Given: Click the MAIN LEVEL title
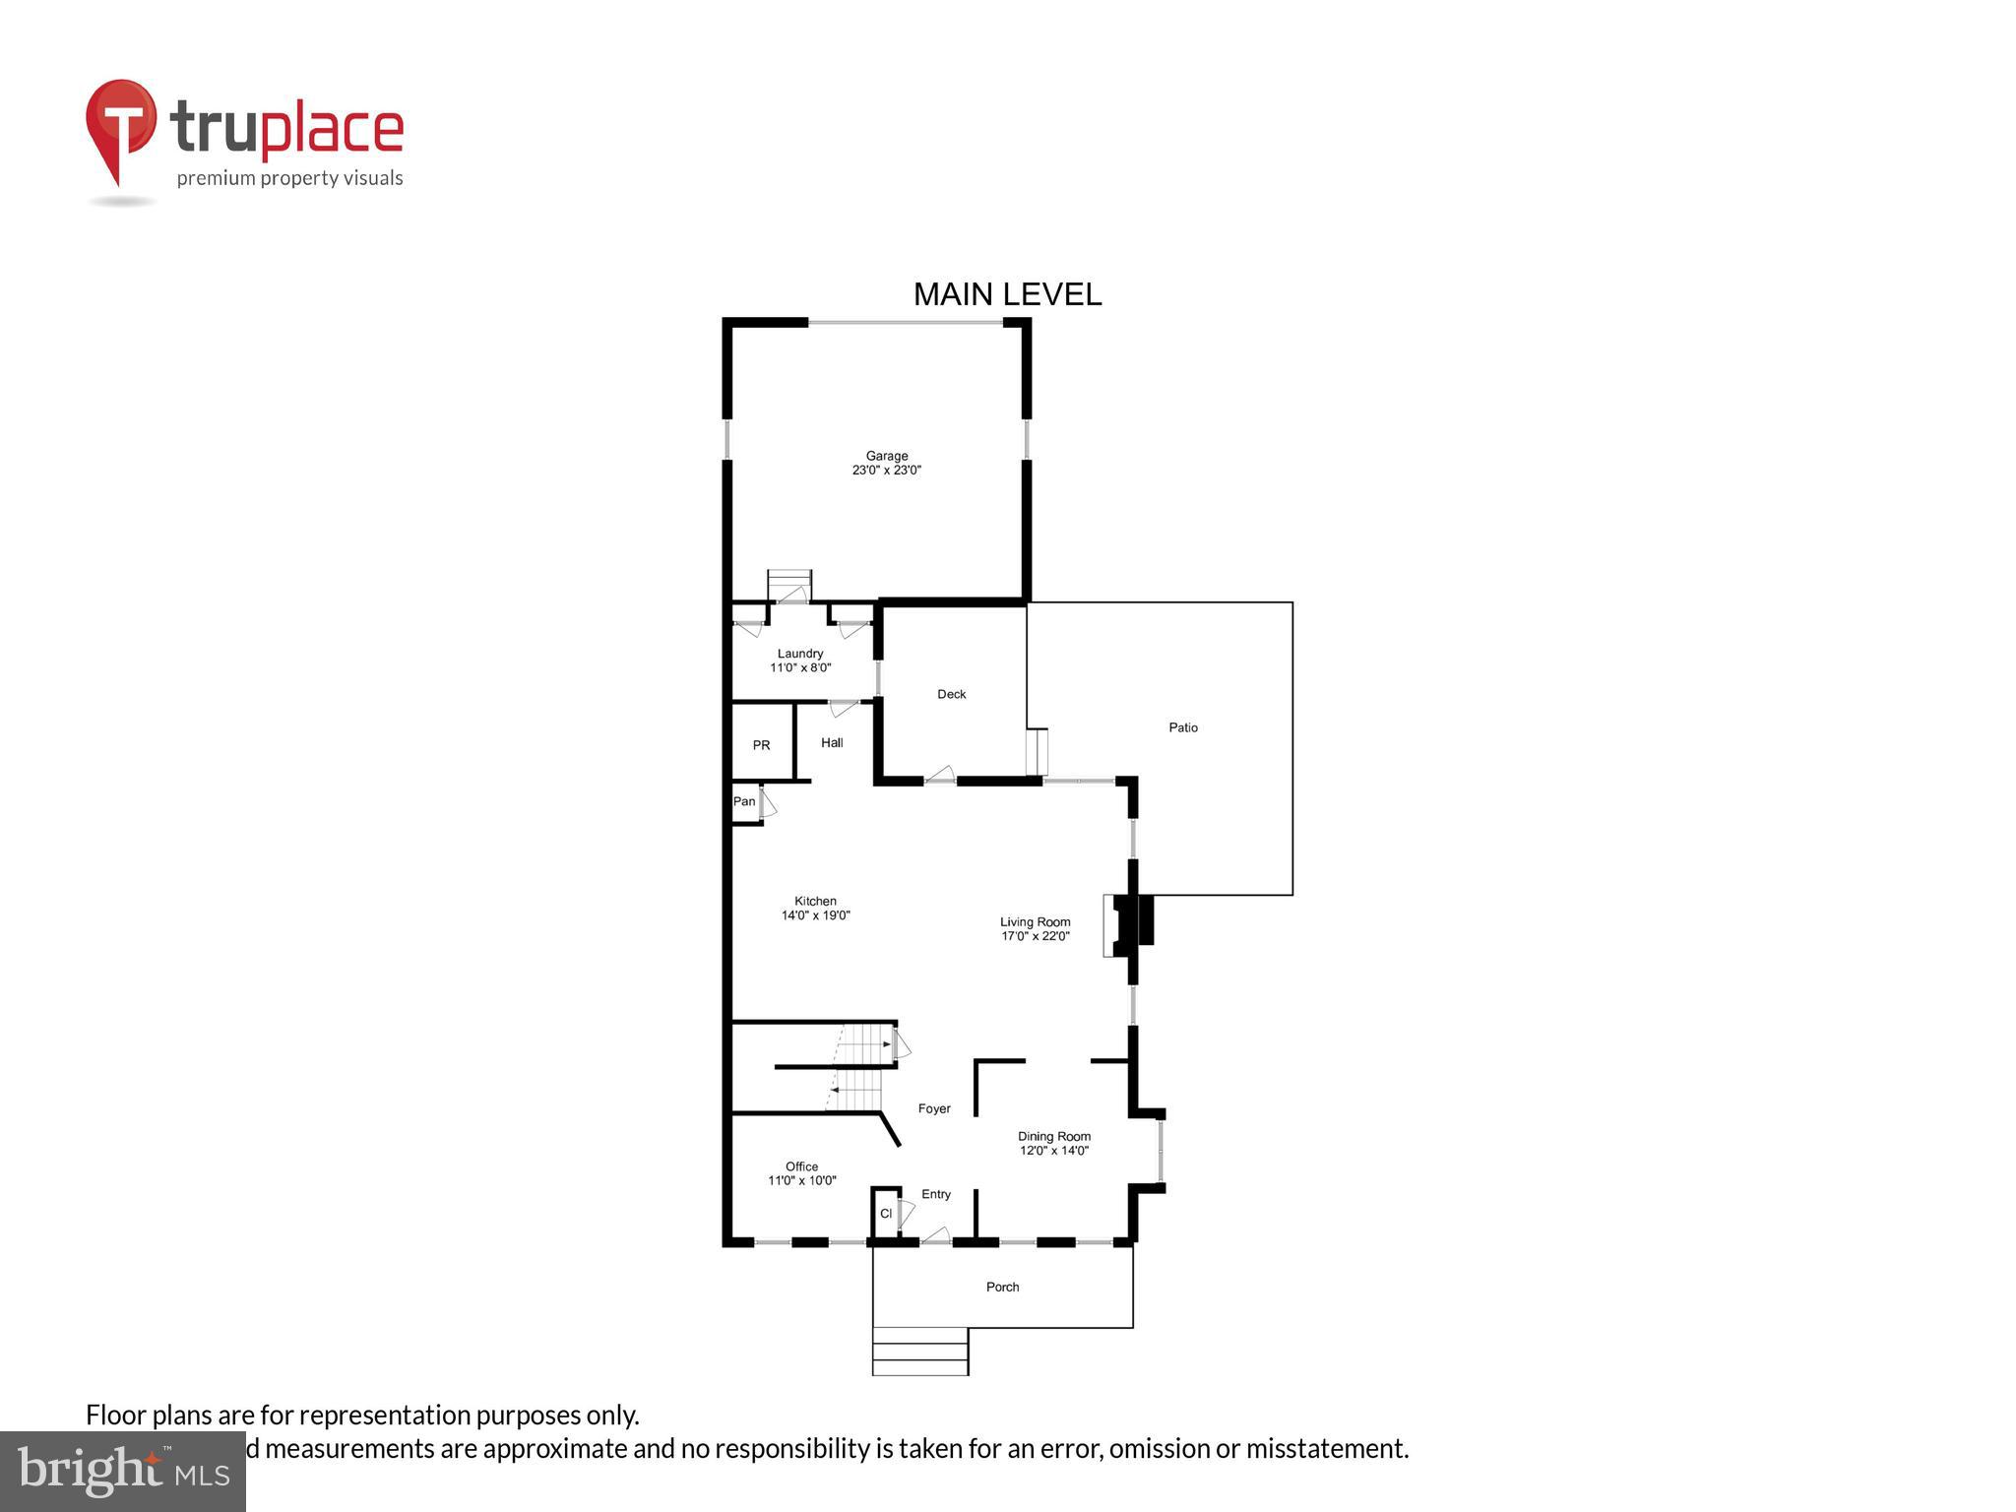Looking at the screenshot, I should [1007, 294].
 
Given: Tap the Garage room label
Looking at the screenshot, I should [886, 456].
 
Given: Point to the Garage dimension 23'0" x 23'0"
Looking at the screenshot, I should [886, 471].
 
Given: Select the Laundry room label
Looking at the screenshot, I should [799, 654].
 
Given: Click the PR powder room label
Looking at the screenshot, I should [761, 745].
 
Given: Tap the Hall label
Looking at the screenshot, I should [832, 743].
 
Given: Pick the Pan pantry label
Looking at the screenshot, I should [744, 801].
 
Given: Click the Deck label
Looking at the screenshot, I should [951, 694].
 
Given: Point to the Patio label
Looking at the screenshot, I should [1182, 727].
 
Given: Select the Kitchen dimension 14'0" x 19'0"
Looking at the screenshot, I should [815, 915].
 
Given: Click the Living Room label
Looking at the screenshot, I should [1035, 922].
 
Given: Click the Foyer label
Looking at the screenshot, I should [934, 1108].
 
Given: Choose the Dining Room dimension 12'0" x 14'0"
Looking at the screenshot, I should [1053, 1151].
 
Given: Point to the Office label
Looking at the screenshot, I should [801, 1166].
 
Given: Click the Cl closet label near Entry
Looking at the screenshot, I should [885, 1214].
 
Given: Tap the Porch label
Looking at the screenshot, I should [1002, 1287].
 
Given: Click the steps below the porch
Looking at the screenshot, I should [919, 1352].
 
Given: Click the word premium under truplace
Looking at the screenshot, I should [216, 179].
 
